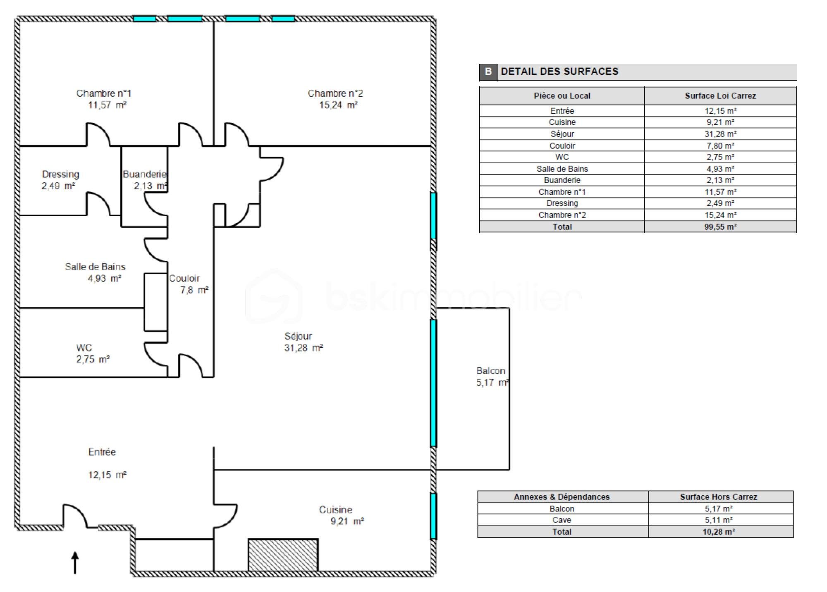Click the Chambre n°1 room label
[x=103, y=93]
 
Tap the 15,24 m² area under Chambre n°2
[x=338, y=105]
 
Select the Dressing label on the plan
[x=60, y=174]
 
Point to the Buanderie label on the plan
[x=144, y=174]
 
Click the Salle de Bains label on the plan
[x=95, y=267]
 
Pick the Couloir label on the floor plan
[x=184, y=278]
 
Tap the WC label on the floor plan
[x=84, y=348]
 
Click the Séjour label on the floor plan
[x=298, y=336]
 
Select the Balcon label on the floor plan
[x=490, y=371]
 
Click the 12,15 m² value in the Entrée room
[x=107, y=475]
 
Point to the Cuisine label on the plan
[x=335, y=510]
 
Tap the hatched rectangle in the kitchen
[x=283, y=555]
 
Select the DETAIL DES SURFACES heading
[x=559, y=72]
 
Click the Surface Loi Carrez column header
[x=720, y=96]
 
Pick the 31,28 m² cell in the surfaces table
[x=720, y=134]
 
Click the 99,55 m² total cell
[x=720, y=227]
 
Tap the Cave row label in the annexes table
[x=562, y=520]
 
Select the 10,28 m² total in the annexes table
[x=718, y=532]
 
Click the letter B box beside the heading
[x=488, y=72]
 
